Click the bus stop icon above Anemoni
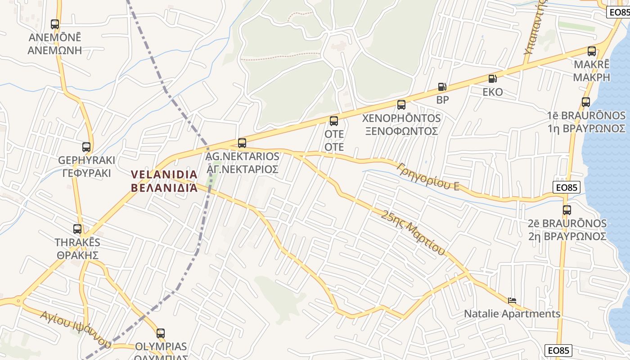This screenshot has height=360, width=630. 55,24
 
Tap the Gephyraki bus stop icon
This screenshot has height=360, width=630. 86,147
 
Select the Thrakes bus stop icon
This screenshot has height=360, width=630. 77,229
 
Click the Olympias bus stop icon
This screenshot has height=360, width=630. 161,333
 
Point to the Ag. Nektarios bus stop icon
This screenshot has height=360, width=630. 242,143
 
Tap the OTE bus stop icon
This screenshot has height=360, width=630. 334,121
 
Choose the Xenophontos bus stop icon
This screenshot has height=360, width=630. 401,105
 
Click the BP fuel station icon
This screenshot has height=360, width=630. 442,87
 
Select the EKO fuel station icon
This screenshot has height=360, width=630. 493,79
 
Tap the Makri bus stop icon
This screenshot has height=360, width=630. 592,51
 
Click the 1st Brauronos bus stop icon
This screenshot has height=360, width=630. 586,102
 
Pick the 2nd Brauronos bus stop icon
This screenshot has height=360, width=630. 567,210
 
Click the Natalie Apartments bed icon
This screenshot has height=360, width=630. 512,300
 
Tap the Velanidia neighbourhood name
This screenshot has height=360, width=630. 164,181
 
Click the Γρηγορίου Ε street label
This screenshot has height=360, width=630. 428,176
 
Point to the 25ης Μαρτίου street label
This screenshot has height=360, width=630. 413,232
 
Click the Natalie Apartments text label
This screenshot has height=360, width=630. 512,314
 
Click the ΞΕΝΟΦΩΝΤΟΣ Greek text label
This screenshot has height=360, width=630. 401,131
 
